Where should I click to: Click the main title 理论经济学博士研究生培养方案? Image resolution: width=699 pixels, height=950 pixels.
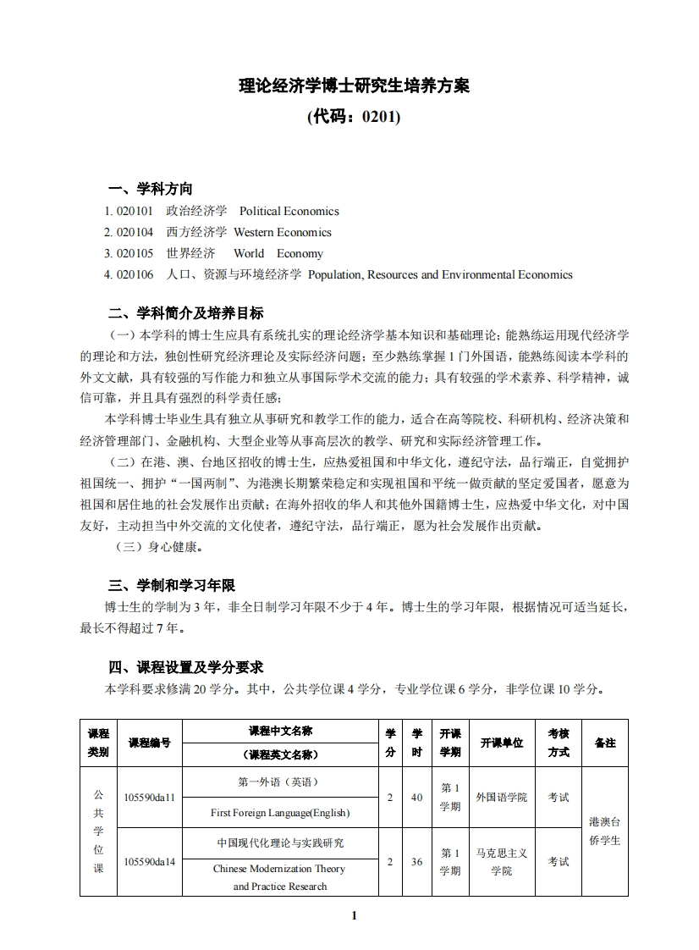354,86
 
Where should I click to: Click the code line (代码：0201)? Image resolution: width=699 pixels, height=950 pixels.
354,117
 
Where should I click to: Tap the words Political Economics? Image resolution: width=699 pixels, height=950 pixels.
289,211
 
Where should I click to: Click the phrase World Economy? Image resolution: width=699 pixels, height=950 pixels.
278,253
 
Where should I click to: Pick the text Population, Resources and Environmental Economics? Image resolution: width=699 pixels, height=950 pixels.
440,274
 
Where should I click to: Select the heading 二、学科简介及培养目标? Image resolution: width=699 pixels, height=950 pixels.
185,312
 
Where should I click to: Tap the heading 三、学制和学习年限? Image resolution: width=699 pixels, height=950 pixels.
171,586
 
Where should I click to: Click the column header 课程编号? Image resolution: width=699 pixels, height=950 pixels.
149,743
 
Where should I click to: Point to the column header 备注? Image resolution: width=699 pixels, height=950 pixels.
605,743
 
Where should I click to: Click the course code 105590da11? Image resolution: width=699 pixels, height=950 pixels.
149,798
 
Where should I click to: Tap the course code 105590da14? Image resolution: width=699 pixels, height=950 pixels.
149,862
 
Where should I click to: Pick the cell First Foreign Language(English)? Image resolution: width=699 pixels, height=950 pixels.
279,813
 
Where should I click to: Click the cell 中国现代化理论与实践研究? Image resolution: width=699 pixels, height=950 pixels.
279,843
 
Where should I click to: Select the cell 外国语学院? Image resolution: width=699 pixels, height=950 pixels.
501,798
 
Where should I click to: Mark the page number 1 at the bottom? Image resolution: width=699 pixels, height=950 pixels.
354,915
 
